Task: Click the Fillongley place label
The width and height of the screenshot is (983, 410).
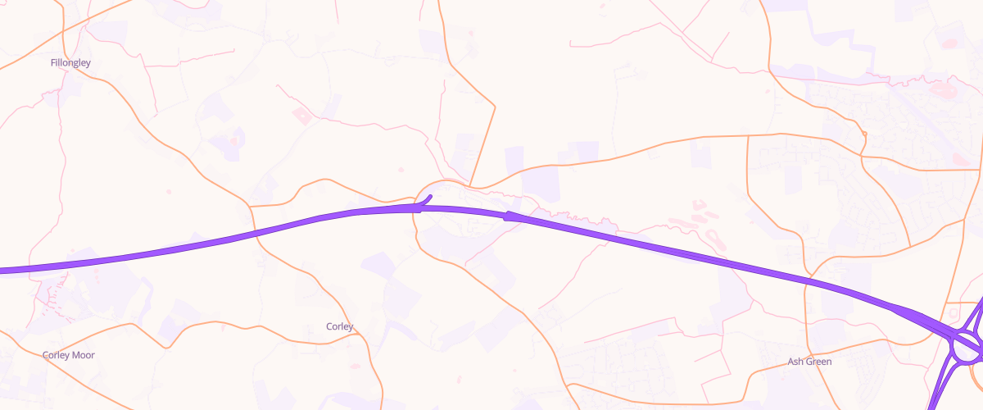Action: [x=70, y=62]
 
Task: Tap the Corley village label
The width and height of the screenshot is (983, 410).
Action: [x=340, y=326]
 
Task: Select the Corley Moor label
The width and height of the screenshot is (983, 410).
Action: [x=69, y=355]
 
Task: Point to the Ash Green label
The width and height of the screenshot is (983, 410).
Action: [x=809, y=362]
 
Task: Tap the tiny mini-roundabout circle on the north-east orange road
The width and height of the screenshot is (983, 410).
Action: [x=864, y=134]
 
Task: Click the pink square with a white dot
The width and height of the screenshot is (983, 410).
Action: [x=301, y=116]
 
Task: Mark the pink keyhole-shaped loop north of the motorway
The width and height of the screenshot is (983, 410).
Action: [x=714, y=237]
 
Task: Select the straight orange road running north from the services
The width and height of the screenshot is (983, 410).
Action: [x=483, y=144]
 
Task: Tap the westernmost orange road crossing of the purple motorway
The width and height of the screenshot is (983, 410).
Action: [x=254, y=233]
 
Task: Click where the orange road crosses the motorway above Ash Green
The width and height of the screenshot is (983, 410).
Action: [x=806, y=281]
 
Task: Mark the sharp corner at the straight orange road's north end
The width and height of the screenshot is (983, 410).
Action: [x=495, y=106]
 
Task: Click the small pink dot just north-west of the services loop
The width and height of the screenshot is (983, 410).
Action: [x=400, y=171]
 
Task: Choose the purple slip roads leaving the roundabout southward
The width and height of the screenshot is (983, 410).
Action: [x=942, y=385]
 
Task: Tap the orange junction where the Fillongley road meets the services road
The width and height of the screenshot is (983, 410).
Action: [x=251, y=203]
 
